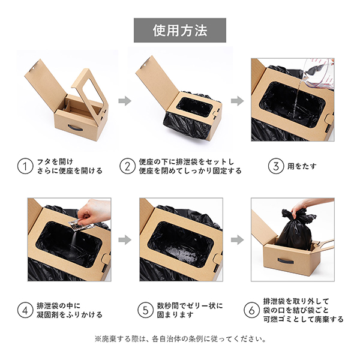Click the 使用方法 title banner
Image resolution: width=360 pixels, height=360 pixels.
180,31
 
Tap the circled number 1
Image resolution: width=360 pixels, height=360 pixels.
25,166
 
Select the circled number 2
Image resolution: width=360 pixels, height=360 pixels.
127,166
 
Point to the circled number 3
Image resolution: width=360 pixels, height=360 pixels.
276,166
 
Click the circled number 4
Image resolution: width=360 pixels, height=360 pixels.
25,310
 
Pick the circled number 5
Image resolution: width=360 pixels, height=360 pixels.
145,310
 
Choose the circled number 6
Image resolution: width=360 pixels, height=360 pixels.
251,310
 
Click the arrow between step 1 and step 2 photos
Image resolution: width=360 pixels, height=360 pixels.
125,101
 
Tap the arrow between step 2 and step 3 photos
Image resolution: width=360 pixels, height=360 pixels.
238,101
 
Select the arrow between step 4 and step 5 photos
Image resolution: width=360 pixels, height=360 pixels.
125,240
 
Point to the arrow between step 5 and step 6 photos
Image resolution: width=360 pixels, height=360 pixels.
238,240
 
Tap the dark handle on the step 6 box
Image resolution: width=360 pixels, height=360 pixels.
286,261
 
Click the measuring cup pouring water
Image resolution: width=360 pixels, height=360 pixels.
319,73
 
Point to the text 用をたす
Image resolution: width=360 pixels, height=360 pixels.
302,166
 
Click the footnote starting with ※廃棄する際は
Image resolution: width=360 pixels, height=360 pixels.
181,339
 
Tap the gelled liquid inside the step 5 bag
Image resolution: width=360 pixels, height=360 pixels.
181,255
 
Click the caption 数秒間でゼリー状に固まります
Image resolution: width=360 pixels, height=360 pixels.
190,310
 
